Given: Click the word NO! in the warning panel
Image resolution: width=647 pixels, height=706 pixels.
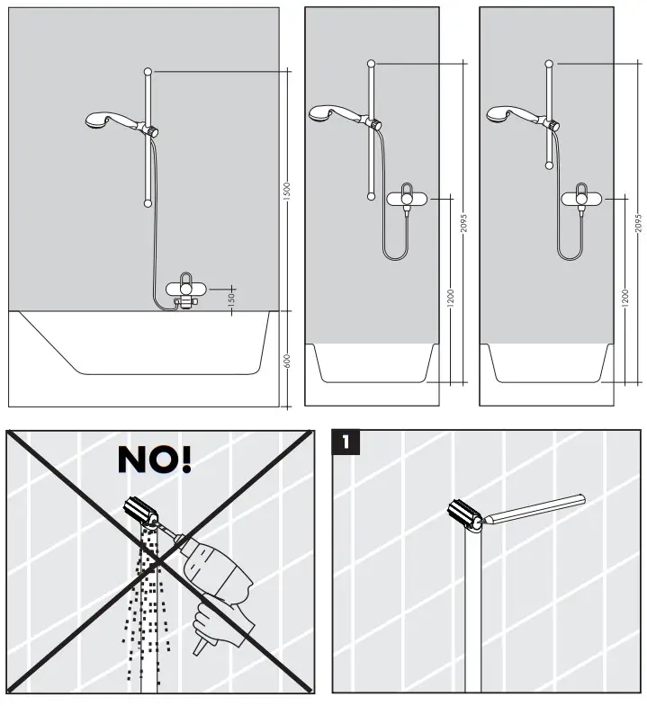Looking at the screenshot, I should pyautogui.click(x=155, y=459).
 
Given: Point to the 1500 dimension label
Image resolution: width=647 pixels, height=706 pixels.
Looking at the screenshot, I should pyautogui.click(x=287, y=191).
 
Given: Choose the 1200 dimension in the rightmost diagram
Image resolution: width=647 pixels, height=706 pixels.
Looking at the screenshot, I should pyautogui.click(x=625, y=297).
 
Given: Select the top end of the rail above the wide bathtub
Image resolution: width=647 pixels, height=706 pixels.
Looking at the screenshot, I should pyautogui.click(x=148, y=70).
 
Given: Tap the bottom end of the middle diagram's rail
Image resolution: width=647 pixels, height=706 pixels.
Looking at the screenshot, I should pyautogui.click(x=370, y=195).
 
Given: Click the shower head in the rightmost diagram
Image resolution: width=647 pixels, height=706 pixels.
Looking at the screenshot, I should pyautogui.click(x=499, y=113).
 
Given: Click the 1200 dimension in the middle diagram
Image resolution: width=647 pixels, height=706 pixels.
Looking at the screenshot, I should pyautogui.click(x=451, y=297).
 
